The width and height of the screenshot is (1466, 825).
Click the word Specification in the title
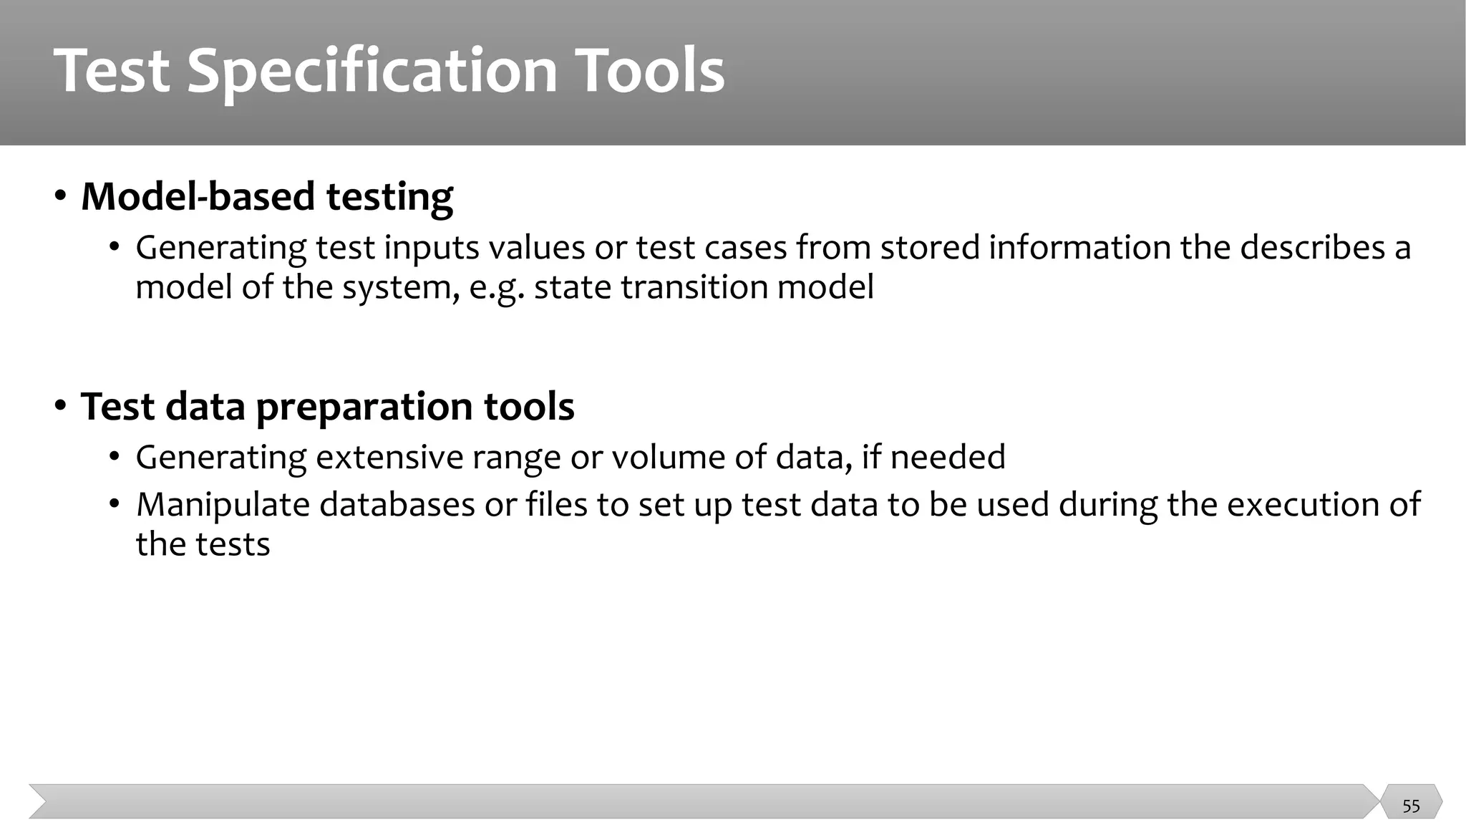pyautogui.click(x=372, y=72)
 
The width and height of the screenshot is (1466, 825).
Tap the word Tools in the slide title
pyautogui.click(x=650, y=70)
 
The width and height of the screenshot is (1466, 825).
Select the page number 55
pyautogui.click(x=1411, y=806)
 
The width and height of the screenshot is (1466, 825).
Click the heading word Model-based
pyautogui.click(x=198, y=196)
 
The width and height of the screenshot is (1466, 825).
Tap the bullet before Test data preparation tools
pyautogui.click(x=61, y=405)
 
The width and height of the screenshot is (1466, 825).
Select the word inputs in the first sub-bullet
pyautogui.click(x=432, y=249)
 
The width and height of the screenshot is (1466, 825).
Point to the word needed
pyautogui.click(x=947, y=457)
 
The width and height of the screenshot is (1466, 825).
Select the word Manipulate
pyautogui.click(x=223, y=505)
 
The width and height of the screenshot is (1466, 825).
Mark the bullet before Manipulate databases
pyautogui.click(x=115, y=504)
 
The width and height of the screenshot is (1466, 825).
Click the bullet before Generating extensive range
pyautogui.click(x=115, y=457)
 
